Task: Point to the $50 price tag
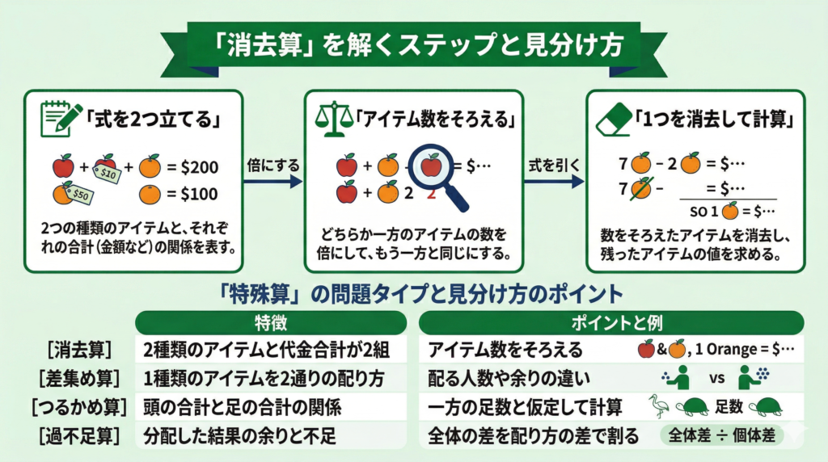pyautogui.click(x=79, y=194)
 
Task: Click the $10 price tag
pyautogui.click(x=108, y=171)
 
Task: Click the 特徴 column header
pyautogui.click(x=270, y=323)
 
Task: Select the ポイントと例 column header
pyautogui.click(x=612, y=323)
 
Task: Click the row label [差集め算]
pyautogui.click(x=77, y=378)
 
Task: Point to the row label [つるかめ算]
pyautogui.click(x=77, y=406)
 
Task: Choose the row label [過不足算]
pyautogui.click(x=77, y=435)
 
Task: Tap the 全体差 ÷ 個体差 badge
pyautogui.click(x=722, y=435)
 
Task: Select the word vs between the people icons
pyautogui.click(x=716, y=378)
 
